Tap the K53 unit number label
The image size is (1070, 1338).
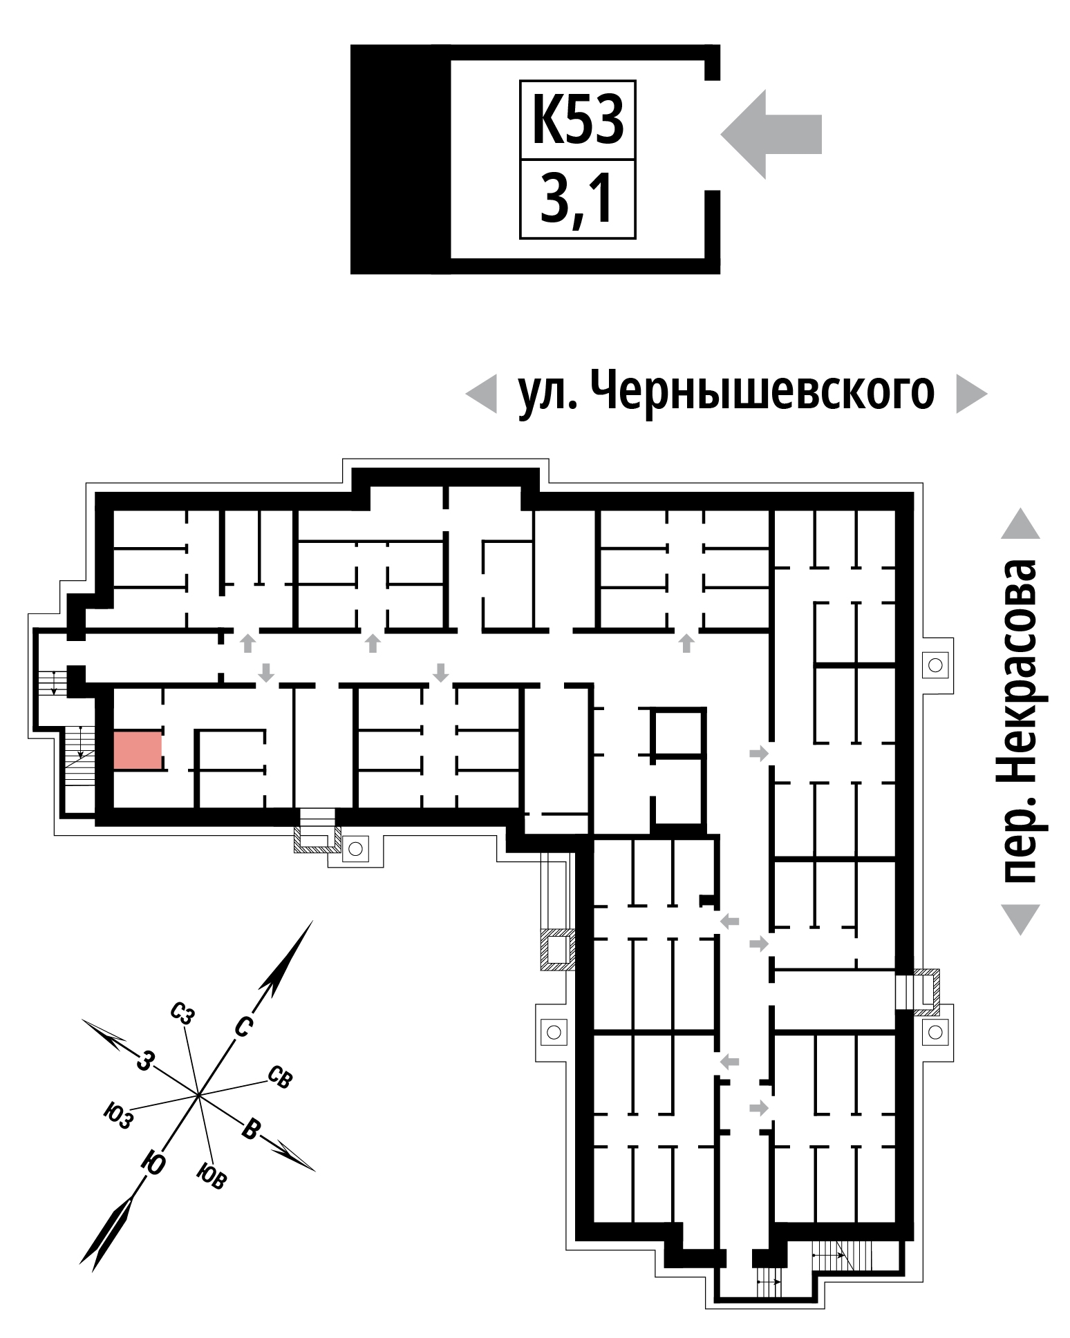[x=578, y=120]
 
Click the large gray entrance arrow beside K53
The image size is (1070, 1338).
[x=771, y=134]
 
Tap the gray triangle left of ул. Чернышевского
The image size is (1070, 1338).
[x=481, y=394]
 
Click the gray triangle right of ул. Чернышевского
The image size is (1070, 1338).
[x=971, y=394]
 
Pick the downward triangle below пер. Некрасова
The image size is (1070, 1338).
[x=1020, y=919]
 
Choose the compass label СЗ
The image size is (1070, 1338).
[x=182, y=1013]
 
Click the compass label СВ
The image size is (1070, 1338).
[x=281, y=1077]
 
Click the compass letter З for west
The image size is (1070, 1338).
[x=144, y=1060]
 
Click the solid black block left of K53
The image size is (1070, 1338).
[x=400, y=159]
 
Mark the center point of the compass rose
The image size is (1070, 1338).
[x=198, y=1095]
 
